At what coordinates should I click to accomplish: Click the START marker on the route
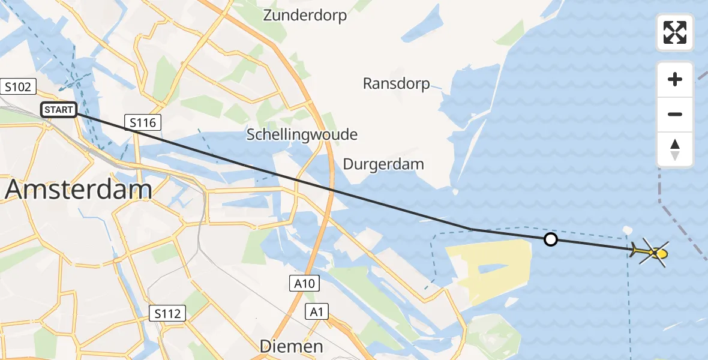point(59,110)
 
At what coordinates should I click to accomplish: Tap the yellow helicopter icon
point(651,253)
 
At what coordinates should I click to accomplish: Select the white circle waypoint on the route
point(550,240)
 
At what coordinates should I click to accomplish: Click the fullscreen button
point(675,32)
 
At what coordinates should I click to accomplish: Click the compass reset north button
point(675,149)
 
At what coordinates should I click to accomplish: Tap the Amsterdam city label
point(78,190)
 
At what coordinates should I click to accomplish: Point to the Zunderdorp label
point(305,15)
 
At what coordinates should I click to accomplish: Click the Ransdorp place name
point(396,83)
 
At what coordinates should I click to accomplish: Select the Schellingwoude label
point(302,134)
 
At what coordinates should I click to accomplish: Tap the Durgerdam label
point(383,164)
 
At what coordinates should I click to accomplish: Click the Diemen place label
point(291,346)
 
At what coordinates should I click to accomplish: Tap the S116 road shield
point(143,123)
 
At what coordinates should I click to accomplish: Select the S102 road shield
point(18,87)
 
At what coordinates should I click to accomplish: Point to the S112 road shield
point(168,313)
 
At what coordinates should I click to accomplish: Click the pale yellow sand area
point(492,264)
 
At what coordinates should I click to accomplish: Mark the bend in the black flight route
point(471,229)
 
